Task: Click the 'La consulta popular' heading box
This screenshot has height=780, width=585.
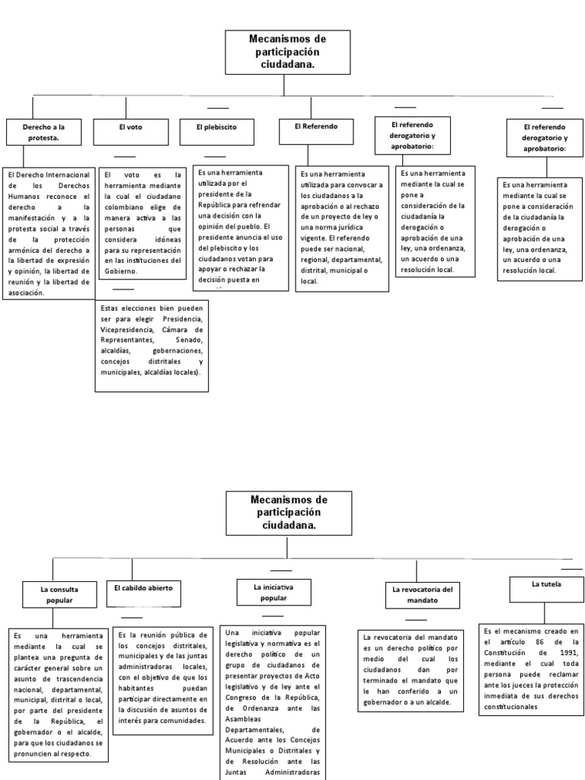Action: (x=58, y=594)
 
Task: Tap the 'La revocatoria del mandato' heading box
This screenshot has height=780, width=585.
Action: (x=422, y=594)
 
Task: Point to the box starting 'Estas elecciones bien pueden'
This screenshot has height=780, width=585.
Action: (x=152, y=346)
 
